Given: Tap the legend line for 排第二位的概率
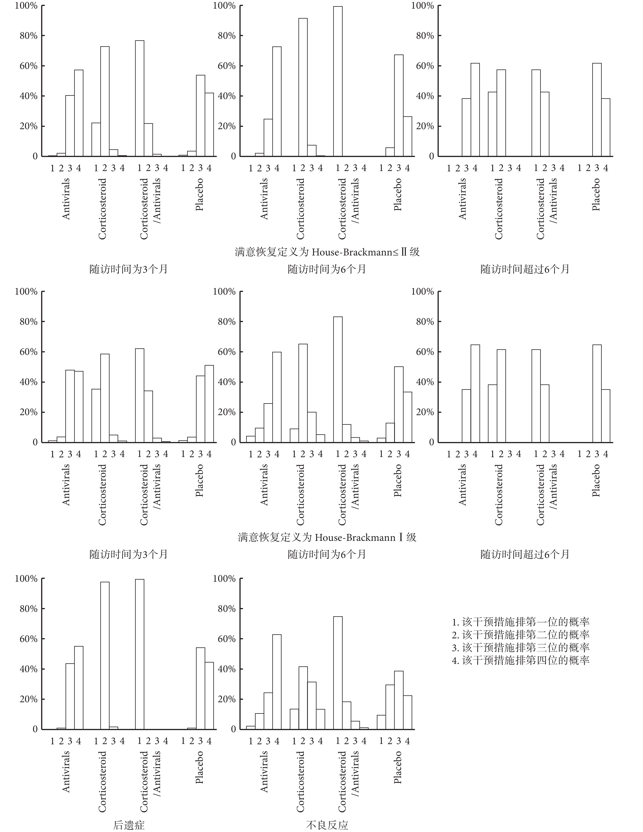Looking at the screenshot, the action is click(x=521, y=635).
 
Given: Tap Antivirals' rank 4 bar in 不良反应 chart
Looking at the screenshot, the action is click(x=277, y=682).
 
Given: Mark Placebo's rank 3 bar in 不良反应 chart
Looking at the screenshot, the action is click(x=399, y=700).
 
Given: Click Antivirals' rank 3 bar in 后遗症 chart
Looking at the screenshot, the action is click(x=70, y=696).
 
